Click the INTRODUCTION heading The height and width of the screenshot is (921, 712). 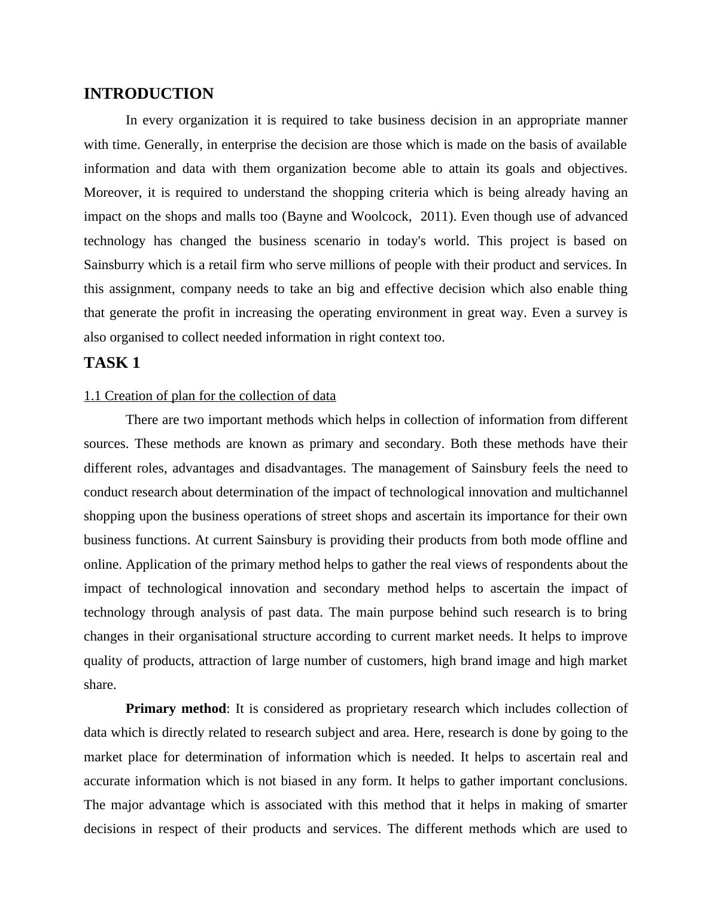tap(148, 94)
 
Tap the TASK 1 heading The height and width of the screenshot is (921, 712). tap(112, 363)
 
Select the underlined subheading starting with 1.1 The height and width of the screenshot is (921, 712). tap(209, 396)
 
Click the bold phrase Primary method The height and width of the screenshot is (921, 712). tap(176, 709)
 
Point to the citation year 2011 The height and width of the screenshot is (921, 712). tap(434, 216)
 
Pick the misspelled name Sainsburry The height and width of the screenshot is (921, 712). tap(114, 265)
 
